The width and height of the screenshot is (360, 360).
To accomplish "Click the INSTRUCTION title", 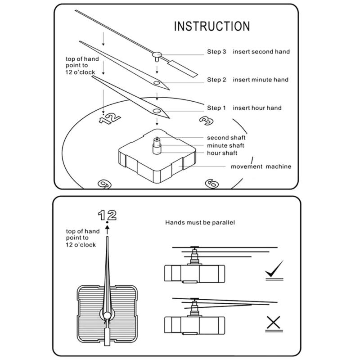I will point(211,26).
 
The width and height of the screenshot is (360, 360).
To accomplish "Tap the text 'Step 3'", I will point(216,52).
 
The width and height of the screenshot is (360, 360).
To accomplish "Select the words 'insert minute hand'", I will point(261,80).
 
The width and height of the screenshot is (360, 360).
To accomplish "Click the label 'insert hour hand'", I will point(257,108).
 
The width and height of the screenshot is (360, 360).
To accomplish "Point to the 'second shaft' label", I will point(226,138).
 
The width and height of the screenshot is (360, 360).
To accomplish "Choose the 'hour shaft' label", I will point(222,153).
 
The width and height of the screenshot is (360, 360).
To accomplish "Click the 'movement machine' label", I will point(261,166).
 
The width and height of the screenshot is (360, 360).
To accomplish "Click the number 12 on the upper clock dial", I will point(109,118).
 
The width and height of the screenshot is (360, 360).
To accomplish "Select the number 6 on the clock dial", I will point(211,184).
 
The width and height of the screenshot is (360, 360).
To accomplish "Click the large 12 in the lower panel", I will point(107,215).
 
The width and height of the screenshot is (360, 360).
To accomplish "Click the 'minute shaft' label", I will point(225,146).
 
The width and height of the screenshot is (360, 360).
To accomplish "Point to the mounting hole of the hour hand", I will point(156,111).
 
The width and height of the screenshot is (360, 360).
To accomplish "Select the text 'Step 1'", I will point(216,108).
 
